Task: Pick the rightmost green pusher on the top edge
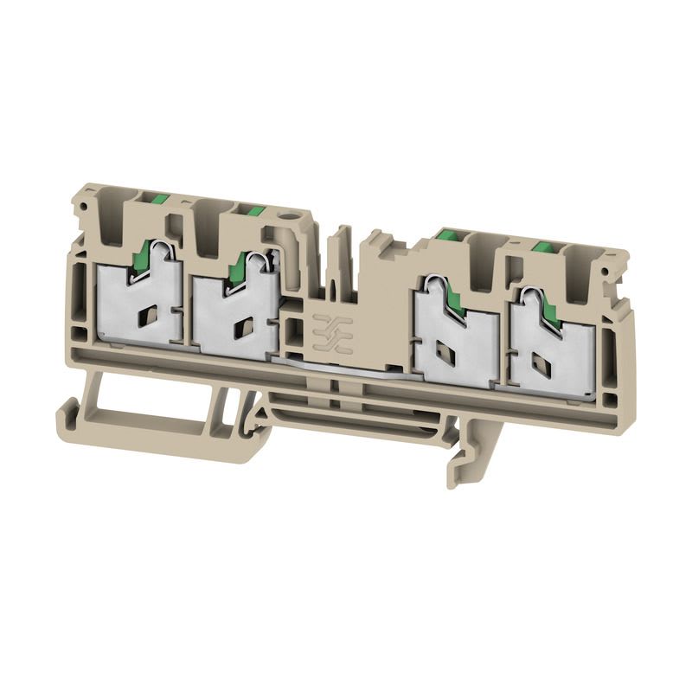tap(544, 248)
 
